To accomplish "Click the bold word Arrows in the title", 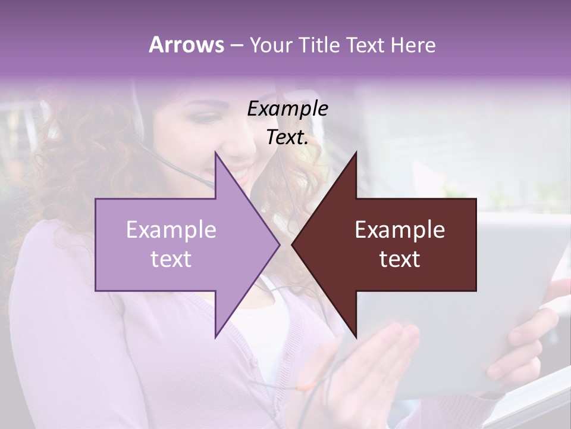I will coord(186,45).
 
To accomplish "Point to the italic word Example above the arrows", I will coord(287,109).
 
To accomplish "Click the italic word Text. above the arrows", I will coord(287,138).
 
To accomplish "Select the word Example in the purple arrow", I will coord(171,230).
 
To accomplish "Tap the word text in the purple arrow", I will coord(171,259).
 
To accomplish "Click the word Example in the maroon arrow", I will coord(400,230).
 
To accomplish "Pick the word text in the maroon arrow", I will coord(400,259).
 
